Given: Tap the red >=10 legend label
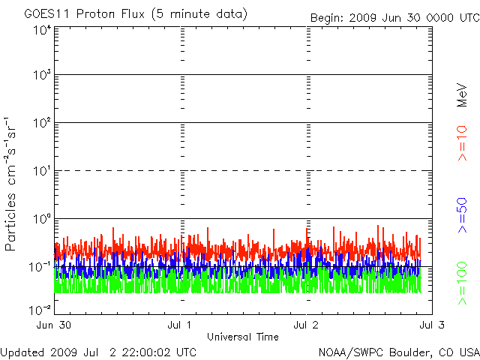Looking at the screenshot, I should (x=462, y=143).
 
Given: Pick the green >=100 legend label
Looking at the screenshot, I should (x=462, y=284).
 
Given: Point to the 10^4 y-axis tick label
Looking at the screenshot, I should (x=41, y=31).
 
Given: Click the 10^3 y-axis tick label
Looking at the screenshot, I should (x=41, y=76).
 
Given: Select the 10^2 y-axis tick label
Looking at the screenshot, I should (x=41, y=124).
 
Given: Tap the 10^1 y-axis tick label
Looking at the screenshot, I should (x=41, y=172).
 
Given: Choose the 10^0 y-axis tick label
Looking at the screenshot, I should (x=41, y=220).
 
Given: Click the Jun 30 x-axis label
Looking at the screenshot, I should (x=55, y=325).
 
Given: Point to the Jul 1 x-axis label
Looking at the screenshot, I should (x=181, y=325).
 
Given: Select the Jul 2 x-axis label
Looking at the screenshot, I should (x=306, y=325).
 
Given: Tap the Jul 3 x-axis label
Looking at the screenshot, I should (x=431, y=325).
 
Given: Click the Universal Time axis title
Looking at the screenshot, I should (x=242, y=337).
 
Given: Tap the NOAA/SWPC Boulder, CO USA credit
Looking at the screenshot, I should (x=398, y=352).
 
